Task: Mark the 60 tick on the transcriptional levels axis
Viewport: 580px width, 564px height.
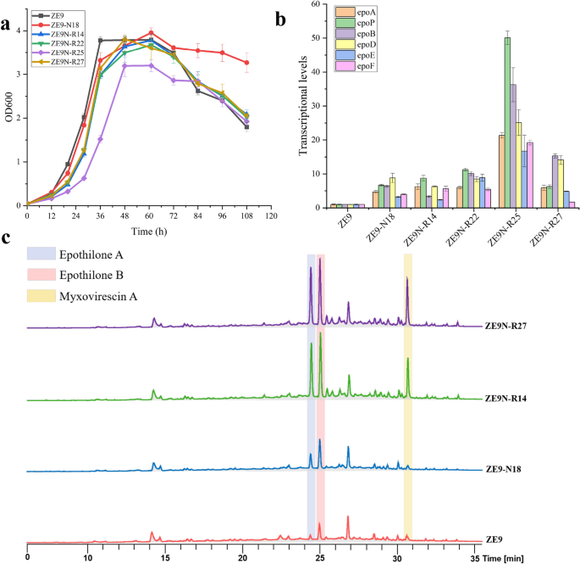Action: (317, 5)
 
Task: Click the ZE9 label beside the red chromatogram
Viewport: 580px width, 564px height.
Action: (494, 539)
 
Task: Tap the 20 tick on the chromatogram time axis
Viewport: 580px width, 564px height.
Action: (243, 556)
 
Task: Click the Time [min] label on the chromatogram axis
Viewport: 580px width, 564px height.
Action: (508, 556)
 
